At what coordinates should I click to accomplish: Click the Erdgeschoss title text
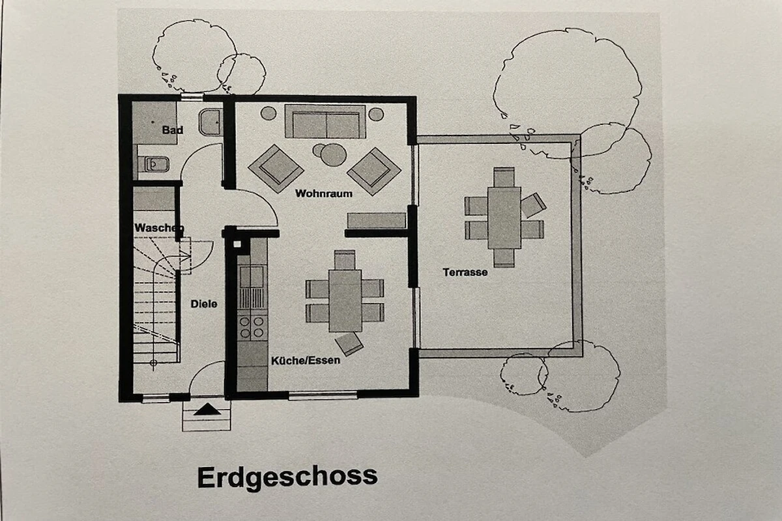(287, 478)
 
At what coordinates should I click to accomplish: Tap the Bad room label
(173, 130)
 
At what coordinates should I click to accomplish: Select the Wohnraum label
(324, 193)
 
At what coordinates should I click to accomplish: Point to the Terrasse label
(465, 272)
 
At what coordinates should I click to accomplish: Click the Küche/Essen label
(306, 360)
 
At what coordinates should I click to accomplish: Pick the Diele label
(204, 304)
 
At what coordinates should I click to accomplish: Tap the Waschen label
(159, 228)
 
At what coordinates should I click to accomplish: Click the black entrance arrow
(207, 410)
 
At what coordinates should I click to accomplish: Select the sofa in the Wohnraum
(325, 122)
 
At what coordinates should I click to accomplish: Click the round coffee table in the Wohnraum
(334, 155)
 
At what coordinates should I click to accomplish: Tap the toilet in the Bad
(154, 164)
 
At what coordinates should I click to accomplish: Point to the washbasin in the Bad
(210, 122)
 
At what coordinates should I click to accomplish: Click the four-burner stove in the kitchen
(252, 328)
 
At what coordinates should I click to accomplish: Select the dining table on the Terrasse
(504, 218)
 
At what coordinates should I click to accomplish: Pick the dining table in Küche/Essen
(345, 301)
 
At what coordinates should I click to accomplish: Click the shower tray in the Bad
(154, 123)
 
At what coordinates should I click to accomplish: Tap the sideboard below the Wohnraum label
(377, 221)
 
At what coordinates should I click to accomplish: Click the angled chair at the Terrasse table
(533, 206)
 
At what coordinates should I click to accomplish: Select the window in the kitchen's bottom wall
(323, 395)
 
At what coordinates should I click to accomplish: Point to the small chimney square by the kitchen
(237, 244)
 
